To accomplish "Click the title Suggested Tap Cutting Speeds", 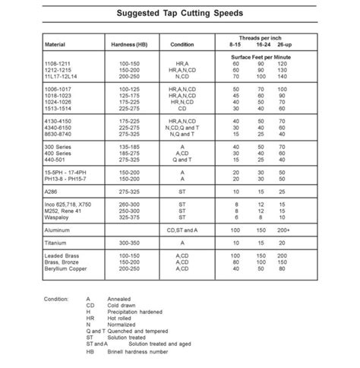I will click(180, 14).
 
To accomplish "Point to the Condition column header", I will click(181, 45).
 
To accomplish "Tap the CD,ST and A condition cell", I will click(181, 228).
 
